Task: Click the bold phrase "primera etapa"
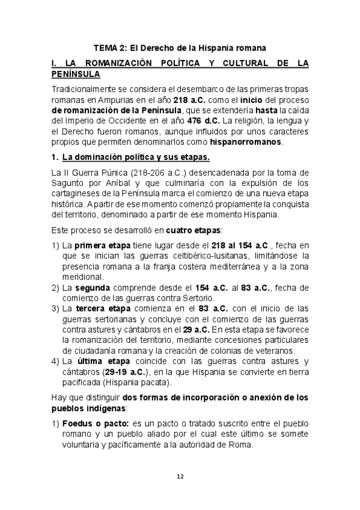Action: point(97,245)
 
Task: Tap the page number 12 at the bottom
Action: point(180,476)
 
